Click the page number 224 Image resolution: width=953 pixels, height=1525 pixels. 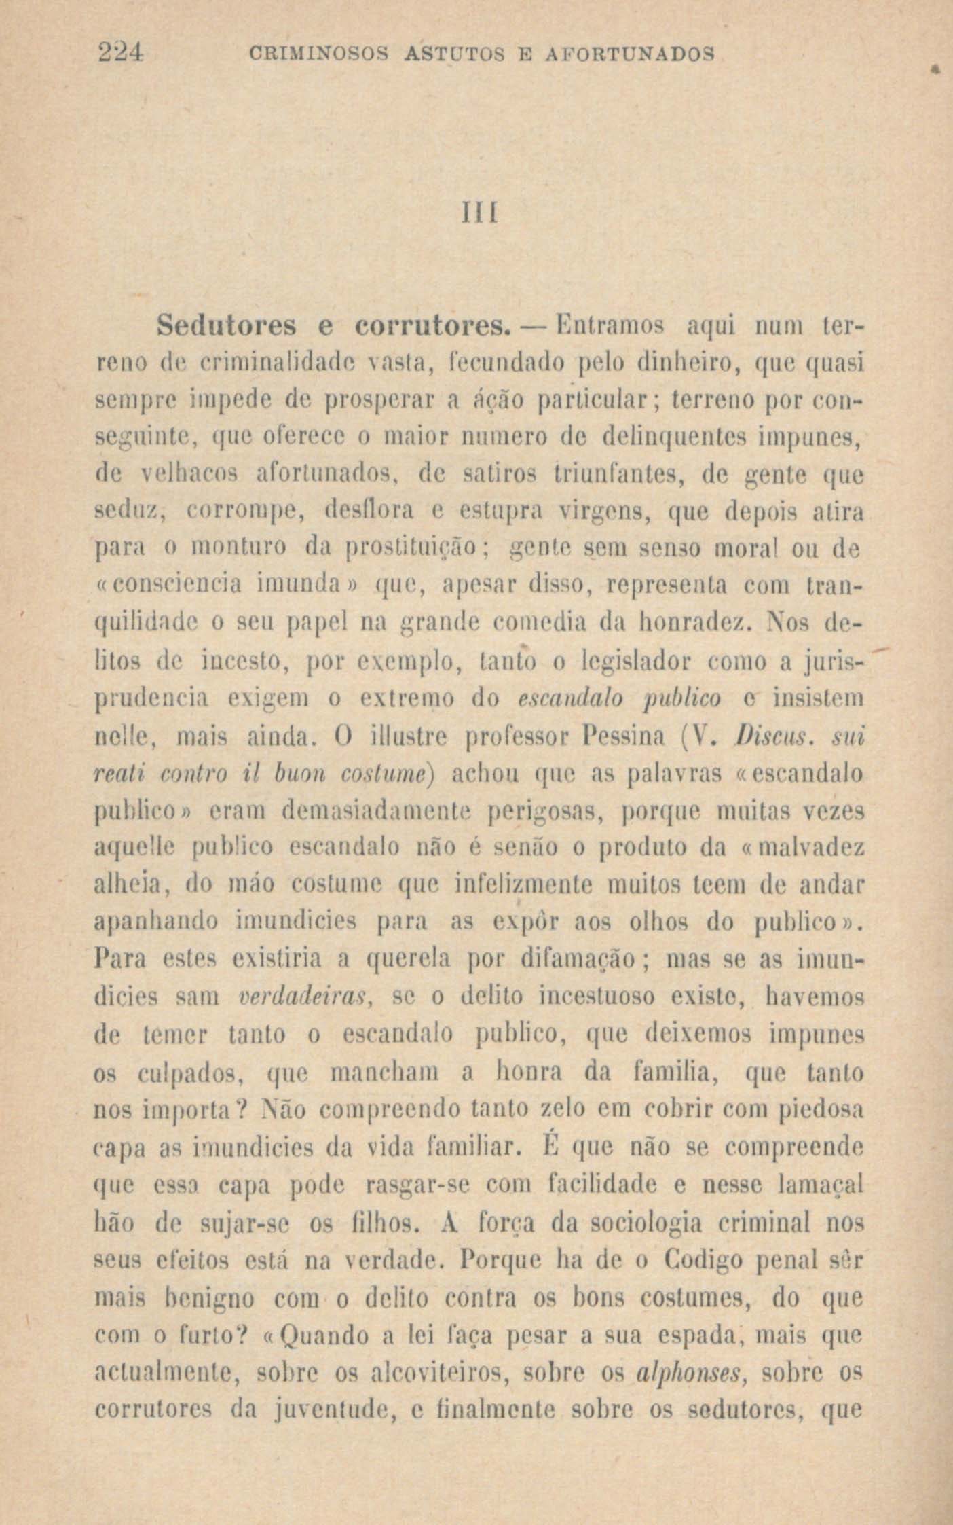coord(122,52)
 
